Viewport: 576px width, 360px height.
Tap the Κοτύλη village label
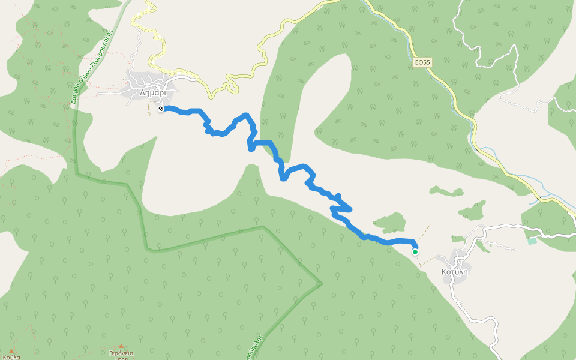[454, 271]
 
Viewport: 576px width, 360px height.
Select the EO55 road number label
[422, 62]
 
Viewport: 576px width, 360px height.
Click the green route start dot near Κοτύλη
[415, 252]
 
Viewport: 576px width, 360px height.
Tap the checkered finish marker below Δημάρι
[161, 109]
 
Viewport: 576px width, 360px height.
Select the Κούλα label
[11, 357]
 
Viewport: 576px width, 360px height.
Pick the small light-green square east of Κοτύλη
[532, 241]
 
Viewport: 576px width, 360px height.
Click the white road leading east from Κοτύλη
[510, 227]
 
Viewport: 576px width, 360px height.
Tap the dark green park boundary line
[204, 240]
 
